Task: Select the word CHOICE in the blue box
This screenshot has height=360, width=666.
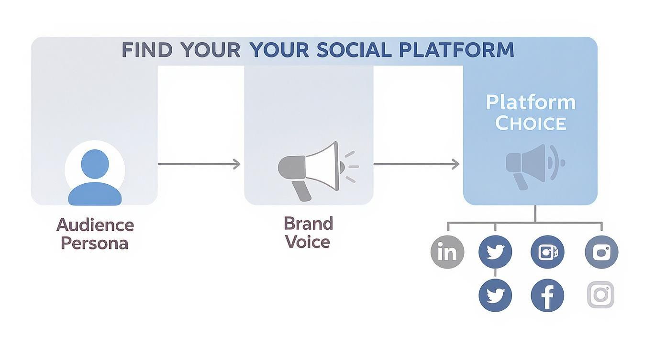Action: (530, 123)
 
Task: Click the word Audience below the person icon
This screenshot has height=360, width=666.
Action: (95, 225)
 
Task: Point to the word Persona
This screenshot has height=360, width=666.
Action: (95, 243)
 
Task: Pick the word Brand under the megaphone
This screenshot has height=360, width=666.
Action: (308, 224)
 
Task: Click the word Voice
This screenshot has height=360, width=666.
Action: (308, 242)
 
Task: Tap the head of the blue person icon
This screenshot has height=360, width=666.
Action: (95, 163)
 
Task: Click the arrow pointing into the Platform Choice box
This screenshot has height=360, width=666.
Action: (416, 164)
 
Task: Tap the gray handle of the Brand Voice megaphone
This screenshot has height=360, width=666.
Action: (301, 191)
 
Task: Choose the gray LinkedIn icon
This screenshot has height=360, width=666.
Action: (447, 252)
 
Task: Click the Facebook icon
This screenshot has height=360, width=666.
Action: (547, 295)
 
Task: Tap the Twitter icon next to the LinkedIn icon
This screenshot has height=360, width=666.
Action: (495, 252)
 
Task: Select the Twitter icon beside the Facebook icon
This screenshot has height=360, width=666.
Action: (495, 295)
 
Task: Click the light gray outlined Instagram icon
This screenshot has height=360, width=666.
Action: (600, 295)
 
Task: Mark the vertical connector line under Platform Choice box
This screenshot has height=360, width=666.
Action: (535, 214)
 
